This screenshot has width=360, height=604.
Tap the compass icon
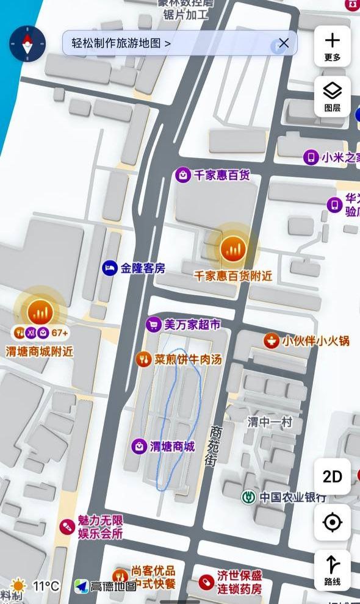[x=27, y=43]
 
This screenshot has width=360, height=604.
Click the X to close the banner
[x=284, y=43]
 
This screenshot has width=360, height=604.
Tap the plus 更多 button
[x=333, y=46]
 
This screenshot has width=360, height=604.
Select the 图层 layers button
[x=333, y=96]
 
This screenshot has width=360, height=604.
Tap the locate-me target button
[x=333, y=522]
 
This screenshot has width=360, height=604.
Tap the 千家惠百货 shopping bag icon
[x=182, y=176]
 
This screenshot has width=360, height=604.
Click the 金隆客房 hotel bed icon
[x=110, y=268]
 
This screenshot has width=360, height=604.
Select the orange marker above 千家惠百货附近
[x=232, y=248]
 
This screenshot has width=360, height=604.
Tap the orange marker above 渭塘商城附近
[x=40, y=312]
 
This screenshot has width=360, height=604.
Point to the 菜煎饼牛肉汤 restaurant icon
[x=143, y=359]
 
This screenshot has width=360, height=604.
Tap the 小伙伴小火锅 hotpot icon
[x=272, y=341]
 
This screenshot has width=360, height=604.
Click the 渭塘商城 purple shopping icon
[x=139, y=447]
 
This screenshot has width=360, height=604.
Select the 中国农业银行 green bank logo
[x=248, y=497]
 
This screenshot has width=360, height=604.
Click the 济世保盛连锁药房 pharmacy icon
[x=206, y=583]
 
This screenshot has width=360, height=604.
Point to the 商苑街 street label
[x=214, y=445]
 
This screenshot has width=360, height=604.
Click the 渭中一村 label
[x=270, y=422]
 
